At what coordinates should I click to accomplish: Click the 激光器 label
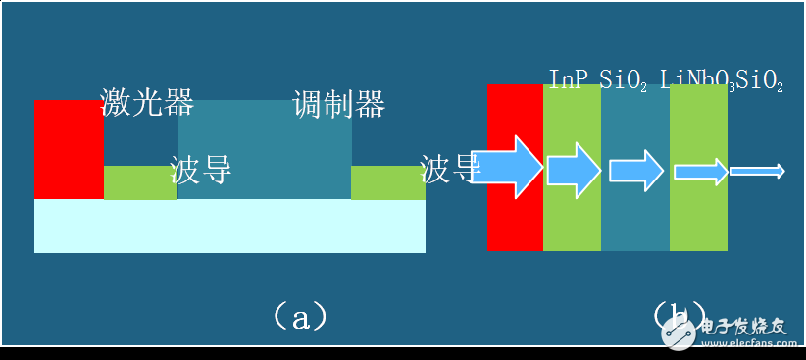click(147, 102)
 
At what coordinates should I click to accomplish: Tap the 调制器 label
click(338, 103)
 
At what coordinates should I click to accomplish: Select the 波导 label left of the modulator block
click(201, 169)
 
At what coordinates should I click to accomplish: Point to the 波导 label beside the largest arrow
click(449, 169)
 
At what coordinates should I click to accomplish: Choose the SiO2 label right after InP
click(623, 78)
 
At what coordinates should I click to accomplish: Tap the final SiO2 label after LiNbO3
click(760, 78)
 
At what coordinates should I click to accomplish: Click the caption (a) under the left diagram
click(297, 316)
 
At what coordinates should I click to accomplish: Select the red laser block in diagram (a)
click(69, 147)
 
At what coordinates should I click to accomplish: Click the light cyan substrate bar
click(229, 226)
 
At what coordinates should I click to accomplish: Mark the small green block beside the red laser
click(140, 182)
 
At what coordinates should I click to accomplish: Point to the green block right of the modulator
click(388, 182)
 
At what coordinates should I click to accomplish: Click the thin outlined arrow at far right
click(757, 171)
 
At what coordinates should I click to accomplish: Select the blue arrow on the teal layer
click(634, 170)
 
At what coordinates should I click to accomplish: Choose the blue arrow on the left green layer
click(574, 170)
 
